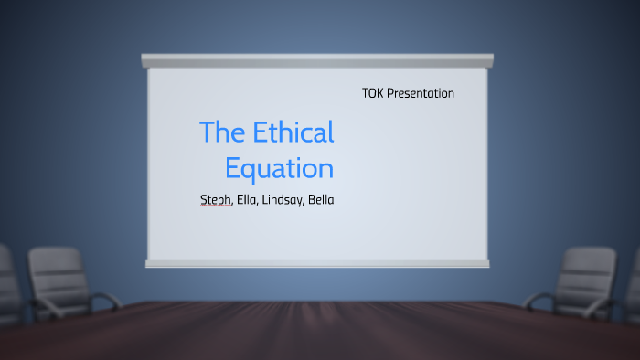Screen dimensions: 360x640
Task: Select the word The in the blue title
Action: point(220,132)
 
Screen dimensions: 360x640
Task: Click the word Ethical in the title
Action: point(292,132)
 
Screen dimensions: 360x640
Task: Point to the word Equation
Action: point(279,168)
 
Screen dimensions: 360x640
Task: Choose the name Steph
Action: point(216,200)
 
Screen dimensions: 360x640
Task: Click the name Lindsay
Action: point(283,200)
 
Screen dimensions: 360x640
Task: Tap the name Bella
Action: point(321,200)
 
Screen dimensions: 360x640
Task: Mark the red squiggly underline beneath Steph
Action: point(214,207)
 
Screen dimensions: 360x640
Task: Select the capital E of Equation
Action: point(232,168)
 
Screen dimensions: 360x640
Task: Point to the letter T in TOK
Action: point(365,93)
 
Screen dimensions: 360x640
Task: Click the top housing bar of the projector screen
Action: point(317,60)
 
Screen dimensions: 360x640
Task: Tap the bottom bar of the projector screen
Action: point(317,263)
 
